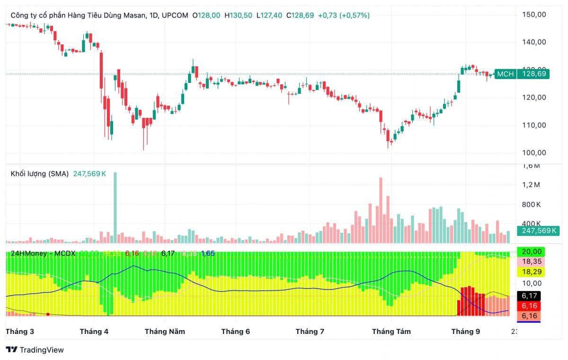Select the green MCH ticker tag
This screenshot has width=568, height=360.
point(505,74)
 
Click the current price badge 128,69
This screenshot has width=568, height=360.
point(534,74)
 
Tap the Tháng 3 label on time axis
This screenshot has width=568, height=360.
point(20,332)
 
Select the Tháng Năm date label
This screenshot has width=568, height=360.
point(165,332)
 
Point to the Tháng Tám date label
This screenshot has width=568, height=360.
point(391,332)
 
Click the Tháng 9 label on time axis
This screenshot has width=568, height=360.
point(465,332)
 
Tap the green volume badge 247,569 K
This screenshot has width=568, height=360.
point(539,231)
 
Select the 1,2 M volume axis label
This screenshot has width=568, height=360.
point(531,185)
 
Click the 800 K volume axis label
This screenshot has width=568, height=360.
point(532,205)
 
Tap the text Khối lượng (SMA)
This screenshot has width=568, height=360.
point(40,174)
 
